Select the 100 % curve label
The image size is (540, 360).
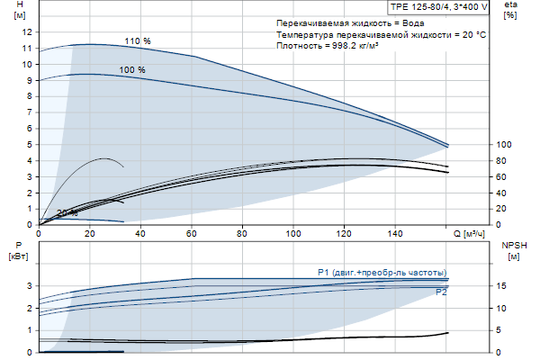(132, 70)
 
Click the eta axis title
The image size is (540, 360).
(510, 5)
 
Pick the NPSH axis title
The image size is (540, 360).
(512, 245)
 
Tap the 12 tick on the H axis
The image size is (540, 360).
(27, 31)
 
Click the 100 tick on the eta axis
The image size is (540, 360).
(504, 144)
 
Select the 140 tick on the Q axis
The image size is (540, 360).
(395, 234)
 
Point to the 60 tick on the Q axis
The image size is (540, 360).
(191, 234)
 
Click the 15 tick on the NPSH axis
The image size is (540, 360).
(502, 286)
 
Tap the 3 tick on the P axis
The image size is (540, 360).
(30, 286)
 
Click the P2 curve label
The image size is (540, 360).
(441, 293)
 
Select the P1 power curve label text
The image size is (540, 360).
(382, 273)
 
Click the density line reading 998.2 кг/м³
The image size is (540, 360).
(328, 45)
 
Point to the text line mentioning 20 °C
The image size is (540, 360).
(382, 34)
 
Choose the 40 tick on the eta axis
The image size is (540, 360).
(502, 193)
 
